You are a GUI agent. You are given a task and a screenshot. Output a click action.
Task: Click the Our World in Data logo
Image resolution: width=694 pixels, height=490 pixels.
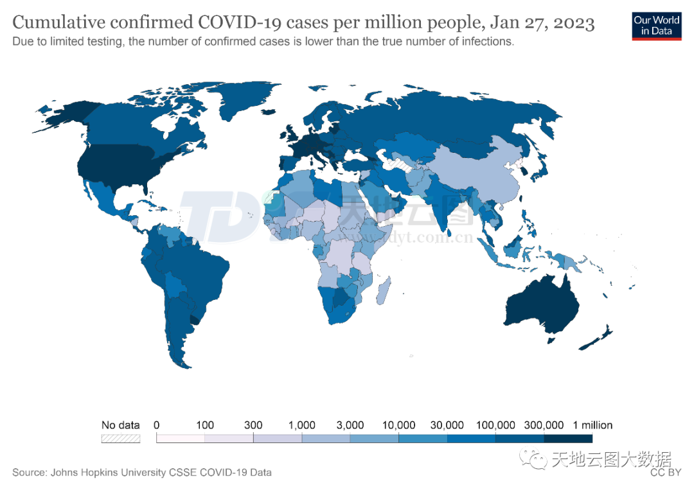coord(656,25)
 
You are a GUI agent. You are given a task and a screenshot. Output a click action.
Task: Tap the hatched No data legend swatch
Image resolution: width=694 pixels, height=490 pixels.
coord(120,439)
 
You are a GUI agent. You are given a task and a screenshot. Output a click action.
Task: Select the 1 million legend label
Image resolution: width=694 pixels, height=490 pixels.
coord(592,425)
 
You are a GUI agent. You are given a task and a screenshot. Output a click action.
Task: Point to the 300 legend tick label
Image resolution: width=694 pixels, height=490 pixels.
coord(253,425)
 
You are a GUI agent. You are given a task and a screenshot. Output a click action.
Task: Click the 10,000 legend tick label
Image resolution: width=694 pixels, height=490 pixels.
coord(398,425)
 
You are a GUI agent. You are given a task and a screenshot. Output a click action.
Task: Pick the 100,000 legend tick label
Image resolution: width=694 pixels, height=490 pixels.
coord(495,425)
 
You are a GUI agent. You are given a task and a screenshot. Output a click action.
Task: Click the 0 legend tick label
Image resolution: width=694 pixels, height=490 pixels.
coord(156,425)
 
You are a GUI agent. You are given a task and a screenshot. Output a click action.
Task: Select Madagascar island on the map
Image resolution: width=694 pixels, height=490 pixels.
coord(383,289)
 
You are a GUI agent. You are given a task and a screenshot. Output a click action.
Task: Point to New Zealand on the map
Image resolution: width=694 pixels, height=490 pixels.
coord(598,338)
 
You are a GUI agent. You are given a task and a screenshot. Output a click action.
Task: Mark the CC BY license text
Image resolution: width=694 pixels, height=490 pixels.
coord(665,473)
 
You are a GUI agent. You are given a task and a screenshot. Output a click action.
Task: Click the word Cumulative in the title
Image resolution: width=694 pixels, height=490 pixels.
coord(58,24)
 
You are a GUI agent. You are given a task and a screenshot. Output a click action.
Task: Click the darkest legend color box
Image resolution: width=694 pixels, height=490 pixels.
coord(568,439)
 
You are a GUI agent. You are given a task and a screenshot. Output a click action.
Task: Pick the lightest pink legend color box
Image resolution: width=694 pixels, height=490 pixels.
coord(181,439)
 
